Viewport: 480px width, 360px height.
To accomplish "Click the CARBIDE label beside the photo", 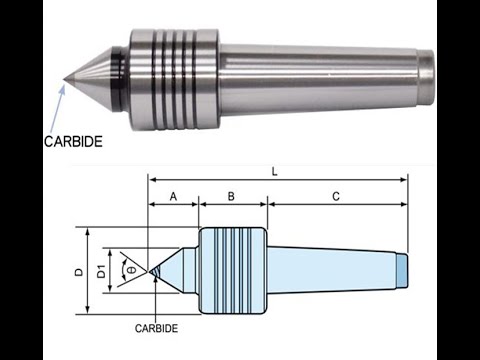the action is (x=73, y=142).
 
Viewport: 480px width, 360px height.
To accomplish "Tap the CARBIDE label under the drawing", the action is (x=156, y=328).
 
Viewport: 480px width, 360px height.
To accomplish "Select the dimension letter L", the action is (x=274, y=172).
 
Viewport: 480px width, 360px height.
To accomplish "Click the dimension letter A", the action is (x=173, y=197).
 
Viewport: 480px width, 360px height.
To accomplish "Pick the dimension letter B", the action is (x=231, y=196).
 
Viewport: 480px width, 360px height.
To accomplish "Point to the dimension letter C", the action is (x=336, y=196).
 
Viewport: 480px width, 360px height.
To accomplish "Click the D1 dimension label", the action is (x=101, y=271).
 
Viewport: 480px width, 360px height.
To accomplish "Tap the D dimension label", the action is (x=79, y=272).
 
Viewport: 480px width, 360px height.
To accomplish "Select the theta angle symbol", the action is (x=132, y=270).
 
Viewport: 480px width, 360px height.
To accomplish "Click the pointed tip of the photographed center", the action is (x=63, y=79).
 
